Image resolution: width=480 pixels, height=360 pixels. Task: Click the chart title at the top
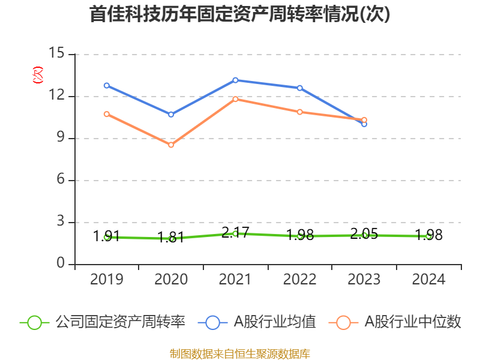point(240,14)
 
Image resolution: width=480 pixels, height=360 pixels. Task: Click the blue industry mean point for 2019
point(107,85)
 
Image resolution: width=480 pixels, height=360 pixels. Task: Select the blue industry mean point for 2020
point(171,114)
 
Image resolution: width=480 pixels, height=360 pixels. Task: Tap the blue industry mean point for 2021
point(235,80)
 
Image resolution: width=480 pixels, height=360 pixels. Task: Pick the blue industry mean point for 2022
point(300,88)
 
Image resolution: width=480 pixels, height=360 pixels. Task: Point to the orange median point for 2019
point(107,114)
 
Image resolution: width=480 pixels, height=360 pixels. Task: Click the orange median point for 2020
point(171,145)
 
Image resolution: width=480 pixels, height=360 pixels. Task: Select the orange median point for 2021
point(235,99)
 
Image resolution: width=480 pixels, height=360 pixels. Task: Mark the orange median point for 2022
point(300,112)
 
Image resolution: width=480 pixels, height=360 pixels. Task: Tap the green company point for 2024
point(428,236)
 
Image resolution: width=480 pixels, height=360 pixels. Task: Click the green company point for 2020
point(171,238)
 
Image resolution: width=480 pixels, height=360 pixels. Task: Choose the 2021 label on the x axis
point(235,279)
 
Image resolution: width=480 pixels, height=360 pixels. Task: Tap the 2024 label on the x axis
point(428,279)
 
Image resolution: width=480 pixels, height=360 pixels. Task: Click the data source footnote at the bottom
point(240,353)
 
